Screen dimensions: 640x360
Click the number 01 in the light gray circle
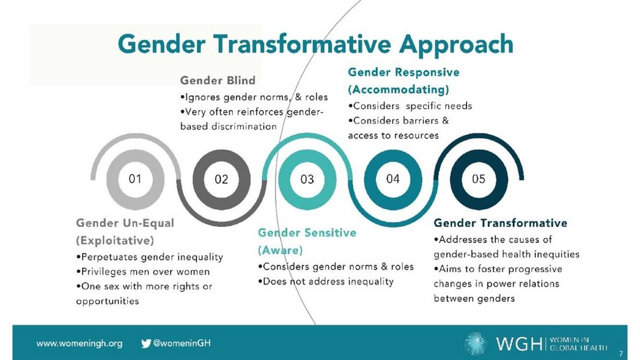(135, 179)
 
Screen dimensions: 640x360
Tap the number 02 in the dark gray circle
(221, 179)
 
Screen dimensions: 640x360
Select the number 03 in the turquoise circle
(307, 179)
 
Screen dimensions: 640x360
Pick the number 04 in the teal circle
(393, 179)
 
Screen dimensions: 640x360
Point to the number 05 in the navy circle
(479, 179)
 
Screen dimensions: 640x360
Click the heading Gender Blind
(218, 80)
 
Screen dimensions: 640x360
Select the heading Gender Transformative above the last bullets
(501, 223)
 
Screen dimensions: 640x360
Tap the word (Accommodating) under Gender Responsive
(398, 89)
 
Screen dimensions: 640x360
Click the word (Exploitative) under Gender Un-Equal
(115, 240)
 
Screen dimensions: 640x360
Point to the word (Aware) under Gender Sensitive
(281, 250)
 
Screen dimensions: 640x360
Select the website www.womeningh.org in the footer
(79, 344)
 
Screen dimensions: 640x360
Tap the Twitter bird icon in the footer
(146, 343)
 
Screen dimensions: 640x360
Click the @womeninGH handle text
(182, 343)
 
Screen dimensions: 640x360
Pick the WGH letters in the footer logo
(519, 344)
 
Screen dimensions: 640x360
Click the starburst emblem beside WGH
(475, 343)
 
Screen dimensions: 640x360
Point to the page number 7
(621, 353)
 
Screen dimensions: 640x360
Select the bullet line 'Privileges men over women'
(143, 272)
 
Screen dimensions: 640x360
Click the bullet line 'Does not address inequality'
(325, 282)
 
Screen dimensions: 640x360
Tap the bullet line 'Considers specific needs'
(410, 106)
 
